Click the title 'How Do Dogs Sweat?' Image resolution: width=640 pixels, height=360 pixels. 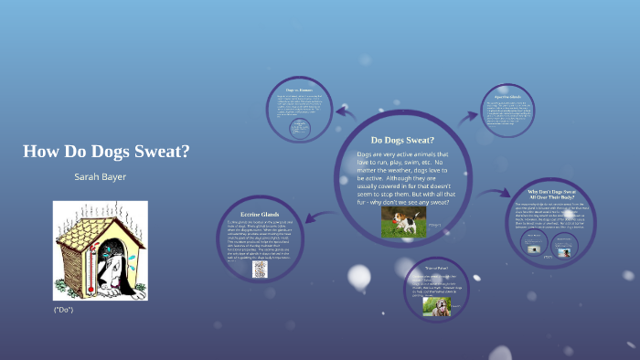(x=106, y=151)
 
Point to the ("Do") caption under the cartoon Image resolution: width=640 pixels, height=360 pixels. (x=63, y=311)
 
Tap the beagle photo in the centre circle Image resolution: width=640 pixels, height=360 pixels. (x=401, y=220)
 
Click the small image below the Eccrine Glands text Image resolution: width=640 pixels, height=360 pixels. (x=260, y=270)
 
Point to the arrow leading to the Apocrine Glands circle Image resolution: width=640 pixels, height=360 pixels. (x=468, y=116)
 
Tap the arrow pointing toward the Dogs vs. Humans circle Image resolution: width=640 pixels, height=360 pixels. (x=346, y=112)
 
